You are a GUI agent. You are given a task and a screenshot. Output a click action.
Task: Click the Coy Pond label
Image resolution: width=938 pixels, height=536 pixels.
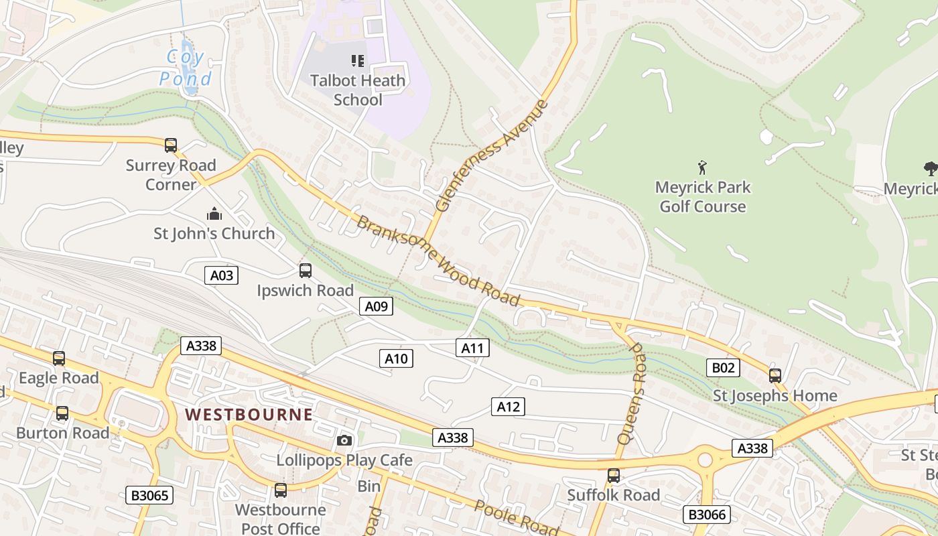tap(186, 68)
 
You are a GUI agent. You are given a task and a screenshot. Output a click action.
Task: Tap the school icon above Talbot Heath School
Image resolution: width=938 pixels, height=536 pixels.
tap(358, 61)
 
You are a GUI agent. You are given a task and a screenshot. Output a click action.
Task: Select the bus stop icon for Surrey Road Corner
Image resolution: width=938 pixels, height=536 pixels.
tap(171, 145)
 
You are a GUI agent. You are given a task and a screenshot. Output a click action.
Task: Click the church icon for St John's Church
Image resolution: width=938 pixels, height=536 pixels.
tap(214, 214)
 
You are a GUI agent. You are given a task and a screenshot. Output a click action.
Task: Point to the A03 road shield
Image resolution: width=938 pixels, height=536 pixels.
tap(221, 275)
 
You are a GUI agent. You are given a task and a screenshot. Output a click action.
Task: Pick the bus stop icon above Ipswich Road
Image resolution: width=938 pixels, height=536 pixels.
tap(306, 271)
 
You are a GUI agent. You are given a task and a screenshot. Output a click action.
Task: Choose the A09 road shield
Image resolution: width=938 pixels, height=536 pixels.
tap(376, 306)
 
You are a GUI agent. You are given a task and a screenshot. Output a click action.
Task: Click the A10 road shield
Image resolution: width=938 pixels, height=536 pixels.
tap(396, 358)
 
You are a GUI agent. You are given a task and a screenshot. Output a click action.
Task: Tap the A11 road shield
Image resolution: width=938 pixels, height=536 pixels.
tap(473, 347)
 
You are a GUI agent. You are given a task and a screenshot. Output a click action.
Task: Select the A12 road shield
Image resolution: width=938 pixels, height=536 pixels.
tap(508, 406)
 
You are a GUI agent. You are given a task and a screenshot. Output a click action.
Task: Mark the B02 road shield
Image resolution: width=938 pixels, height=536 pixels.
tap(723, 367)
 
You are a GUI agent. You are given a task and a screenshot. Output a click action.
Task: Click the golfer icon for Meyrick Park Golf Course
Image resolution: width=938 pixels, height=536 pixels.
tap(702, 167)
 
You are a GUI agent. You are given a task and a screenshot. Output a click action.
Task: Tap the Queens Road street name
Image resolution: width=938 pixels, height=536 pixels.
tap(632, 395)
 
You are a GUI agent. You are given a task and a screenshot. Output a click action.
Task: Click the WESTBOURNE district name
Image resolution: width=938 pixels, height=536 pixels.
tap(249, 414)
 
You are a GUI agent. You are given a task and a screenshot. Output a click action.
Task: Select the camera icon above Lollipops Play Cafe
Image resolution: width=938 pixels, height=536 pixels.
tap(344, 440)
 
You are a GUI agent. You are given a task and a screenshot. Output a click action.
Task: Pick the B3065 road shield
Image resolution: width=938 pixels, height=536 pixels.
tap(150, 495)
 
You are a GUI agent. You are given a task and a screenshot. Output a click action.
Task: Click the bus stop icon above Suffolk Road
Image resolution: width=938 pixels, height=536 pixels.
tap(613, 476)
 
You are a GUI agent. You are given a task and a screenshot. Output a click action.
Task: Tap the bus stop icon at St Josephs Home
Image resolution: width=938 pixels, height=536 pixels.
tap(775, 376)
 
